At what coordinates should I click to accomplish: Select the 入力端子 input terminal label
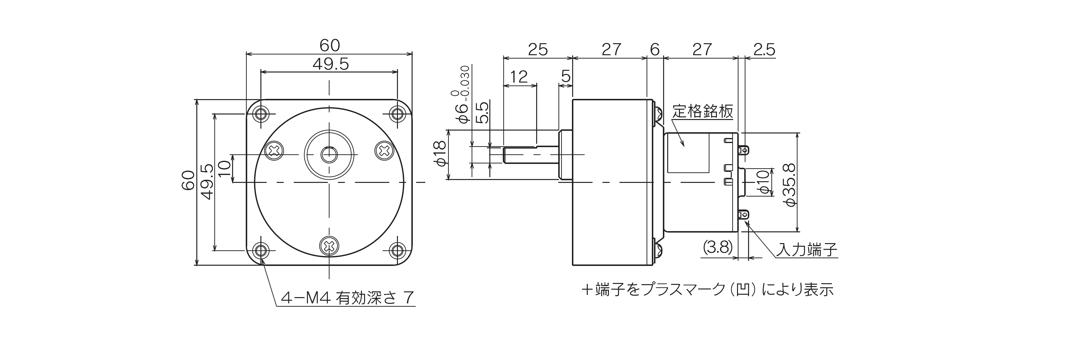(806, 250)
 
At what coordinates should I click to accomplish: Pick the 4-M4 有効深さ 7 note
(348, 298)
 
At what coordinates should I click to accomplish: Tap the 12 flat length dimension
(519, 77)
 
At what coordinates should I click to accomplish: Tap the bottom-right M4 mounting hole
(397, 251)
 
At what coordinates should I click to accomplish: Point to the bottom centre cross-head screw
(329, 246)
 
